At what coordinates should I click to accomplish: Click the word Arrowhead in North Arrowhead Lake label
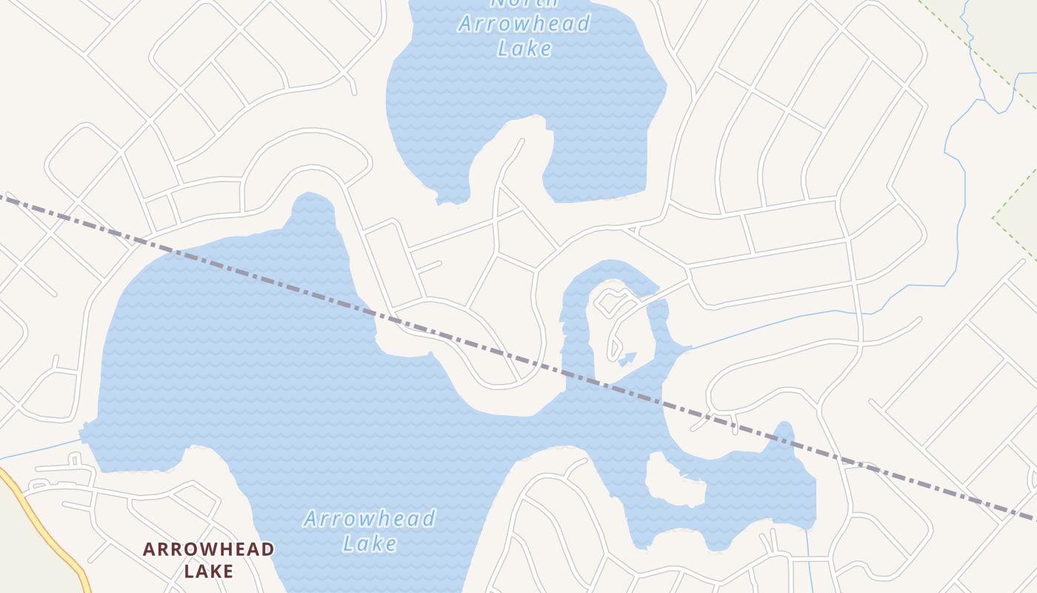point(524,24)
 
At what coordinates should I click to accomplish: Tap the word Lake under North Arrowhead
point(524,49)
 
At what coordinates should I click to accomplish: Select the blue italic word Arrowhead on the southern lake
point(369,518)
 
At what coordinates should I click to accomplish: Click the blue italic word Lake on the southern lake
point(370,543)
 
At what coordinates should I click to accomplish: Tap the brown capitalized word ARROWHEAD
point(208,549)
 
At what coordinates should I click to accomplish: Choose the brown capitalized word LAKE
point(208,571)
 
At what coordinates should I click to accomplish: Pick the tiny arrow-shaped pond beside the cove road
point(627,360)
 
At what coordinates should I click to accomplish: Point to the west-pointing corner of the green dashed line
point(994,218)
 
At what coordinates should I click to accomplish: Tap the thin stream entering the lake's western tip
point(41,448)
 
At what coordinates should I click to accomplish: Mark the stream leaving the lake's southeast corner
point(810,563)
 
